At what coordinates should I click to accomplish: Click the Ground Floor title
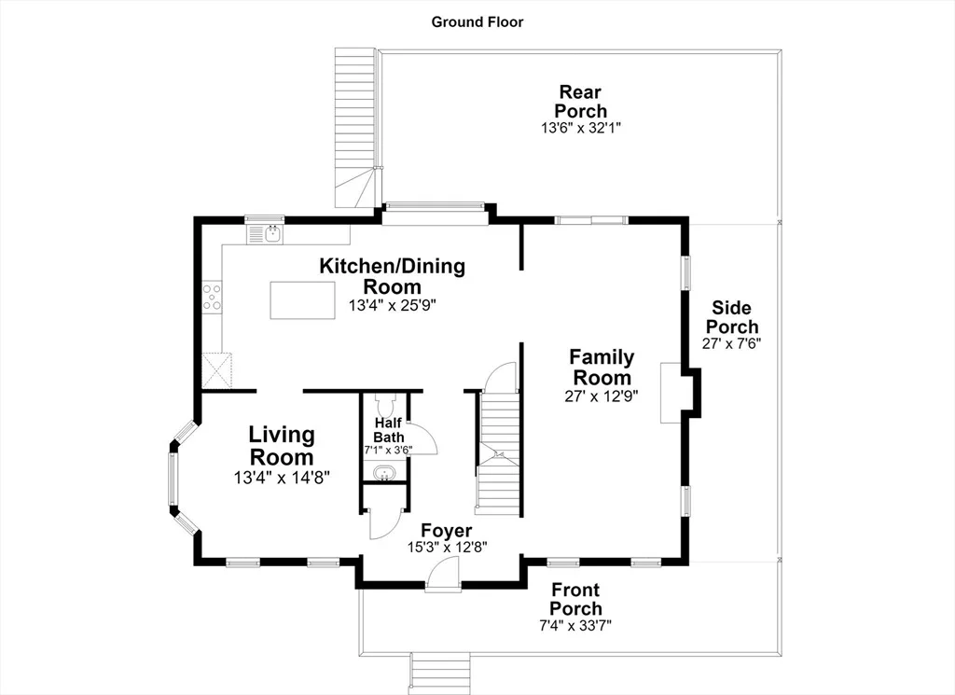tap(477, 22)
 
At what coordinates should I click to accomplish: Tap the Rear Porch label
tap(580, 102)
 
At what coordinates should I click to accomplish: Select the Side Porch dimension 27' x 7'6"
tap(731, 343)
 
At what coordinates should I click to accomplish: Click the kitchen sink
tap(265, 234)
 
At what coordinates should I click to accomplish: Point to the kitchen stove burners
tap(212, 297)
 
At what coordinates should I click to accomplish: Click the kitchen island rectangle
tap(303, 300)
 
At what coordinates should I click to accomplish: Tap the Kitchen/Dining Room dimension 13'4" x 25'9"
tap(393, 305)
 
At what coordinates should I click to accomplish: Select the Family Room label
tap(602, 367)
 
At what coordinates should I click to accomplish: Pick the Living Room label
tap(282, 446)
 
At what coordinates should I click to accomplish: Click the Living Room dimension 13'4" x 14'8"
tap(282, 478)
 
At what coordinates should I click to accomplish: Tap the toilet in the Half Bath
tap(385, 404)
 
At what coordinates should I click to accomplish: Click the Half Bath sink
tap(384, 473)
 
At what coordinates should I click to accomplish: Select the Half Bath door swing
tap(422, 438)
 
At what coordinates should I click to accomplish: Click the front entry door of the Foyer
tap(443, 576)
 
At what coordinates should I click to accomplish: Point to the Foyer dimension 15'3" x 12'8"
tap(447, 547)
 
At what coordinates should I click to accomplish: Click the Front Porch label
tap(575, 599)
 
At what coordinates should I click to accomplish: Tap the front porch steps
tap(440, 673)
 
